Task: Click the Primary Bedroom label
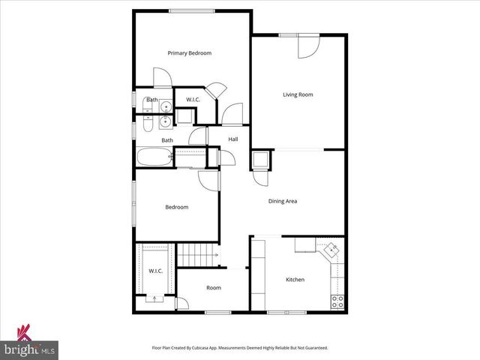coord(189,53)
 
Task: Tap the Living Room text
coord(298,94)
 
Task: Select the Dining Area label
coord(283,201)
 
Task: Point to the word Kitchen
coord(295,280)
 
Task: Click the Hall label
coord(233,139)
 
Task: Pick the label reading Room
coord(214,287)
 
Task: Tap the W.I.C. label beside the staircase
coord(156,271)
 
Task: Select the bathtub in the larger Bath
coord(154,158)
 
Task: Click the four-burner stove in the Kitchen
coord(337,302)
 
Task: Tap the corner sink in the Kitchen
coord(329,250)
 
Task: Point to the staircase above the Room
coord(198,254)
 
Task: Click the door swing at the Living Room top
coord(307,46)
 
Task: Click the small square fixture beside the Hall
coord(260,160)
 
